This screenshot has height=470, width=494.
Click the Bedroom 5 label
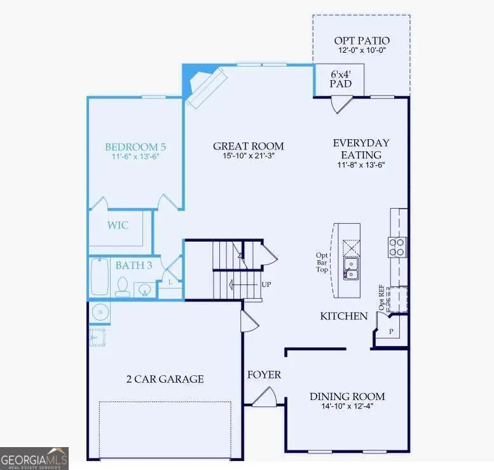[x=135, y=146]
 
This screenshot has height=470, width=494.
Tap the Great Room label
[x=249, y=146]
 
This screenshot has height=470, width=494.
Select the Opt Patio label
[x=362, y=41]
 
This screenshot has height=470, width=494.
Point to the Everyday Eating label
[x=361, y=149]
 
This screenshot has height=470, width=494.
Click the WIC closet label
[x=117, y=225]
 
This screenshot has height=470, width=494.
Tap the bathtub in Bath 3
[x=100, y=277]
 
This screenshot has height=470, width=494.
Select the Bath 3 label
[x=134, y=265]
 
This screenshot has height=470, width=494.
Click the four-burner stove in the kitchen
[x=397, y=246]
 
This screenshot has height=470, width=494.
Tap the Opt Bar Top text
[x=322, y=262]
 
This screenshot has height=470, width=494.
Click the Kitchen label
[x=344, y=316]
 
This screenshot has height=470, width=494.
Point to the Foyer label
[x=263, y=375]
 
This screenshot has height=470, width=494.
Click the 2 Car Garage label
[x=165, y=379]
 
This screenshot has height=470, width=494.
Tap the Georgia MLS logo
[x=34, y=458]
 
